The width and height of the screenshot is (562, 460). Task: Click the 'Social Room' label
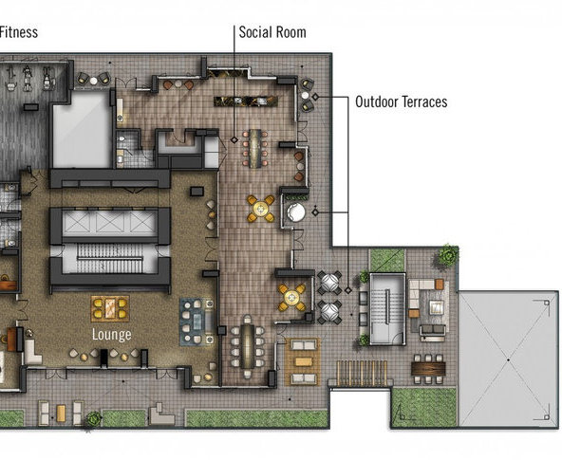[x=272, y=32]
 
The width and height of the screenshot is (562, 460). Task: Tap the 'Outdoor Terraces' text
[x=401, y=101]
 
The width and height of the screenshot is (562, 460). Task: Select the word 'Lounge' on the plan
[x=111, y=335]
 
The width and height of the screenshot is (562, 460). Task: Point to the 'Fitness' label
[x=19, y=32]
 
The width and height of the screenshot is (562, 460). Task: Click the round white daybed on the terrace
[x=296, y=212]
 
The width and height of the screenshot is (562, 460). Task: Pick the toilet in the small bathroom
[x=122, y=138]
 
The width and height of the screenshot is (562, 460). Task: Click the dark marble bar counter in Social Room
[x=246, y=101]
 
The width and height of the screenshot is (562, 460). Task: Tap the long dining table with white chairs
[x=248, y=346]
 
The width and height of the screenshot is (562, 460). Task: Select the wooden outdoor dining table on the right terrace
[x=428, y=369]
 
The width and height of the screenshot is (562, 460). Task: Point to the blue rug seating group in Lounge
[x=197, y=322]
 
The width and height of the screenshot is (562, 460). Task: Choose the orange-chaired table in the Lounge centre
[x=110, y=308]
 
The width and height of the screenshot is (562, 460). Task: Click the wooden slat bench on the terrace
[x=362, y=374]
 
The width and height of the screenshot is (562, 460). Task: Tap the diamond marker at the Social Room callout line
[x=234, y=139]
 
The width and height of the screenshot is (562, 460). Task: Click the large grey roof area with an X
[x=508, y=359]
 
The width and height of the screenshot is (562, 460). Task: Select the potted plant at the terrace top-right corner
[x=449, y=254]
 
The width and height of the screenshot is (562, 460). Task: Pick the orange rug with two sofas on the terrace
[x=303, y=361]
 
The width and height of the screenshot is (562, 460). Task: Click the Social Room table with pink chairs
[x=255, y=148]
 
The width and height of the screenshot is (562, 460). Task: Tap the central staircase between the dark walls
[x=110, y=258]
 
